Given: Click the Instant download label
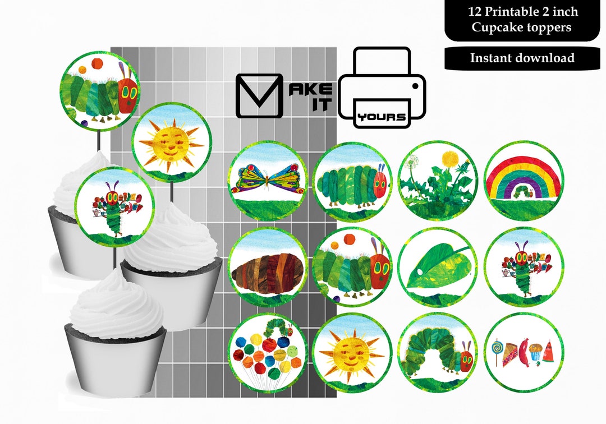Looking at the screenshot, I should (x=522, y=58).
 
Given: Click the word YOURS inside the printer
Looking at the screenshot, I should (x=382, y=117).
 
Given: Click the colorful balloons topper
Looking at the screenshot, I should (x=267, y=352).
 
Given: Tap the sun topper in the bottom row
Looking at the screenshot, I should (x=351, y=352).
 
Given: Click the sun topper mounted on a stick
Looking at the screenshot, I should (x=172, y=141).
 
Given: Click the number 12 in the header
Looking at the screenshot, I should (x=475, y=12).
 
